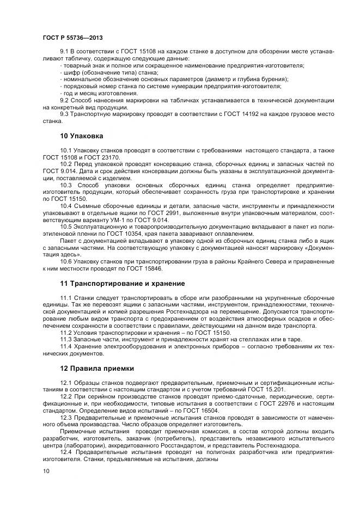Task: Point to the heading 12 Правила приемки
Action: coord(97,368)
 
